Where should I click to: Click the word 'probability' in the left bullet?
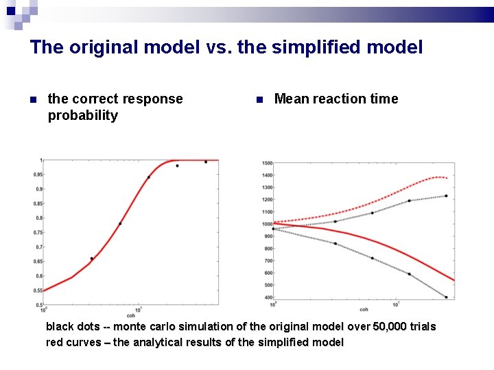(x=82, y=115)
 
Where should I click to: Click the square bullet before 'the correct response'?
(x=33, y=100)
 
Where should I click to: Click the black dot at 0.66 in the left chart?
(x=91, y=258)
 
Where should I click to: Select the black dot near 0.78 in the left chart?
(x=120, y=223)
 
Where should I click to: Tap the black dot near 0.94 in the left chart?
(x=149, y=177)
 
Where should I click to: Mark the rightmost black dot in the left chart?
(x=205, y=162)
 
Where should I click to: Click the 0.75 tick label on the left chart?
(x=38, y=232)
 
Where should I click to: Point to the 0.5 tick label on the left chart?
(x=38, y=291)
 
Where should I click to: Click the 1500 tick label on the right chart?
(x=266, y=163)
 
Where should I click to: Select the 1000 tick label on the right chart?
(x=266, y=224)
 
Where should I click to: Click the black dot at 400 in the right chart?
(x=446, y=297)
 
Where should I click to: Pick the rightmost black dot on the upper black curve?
(x=446, y=196)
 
